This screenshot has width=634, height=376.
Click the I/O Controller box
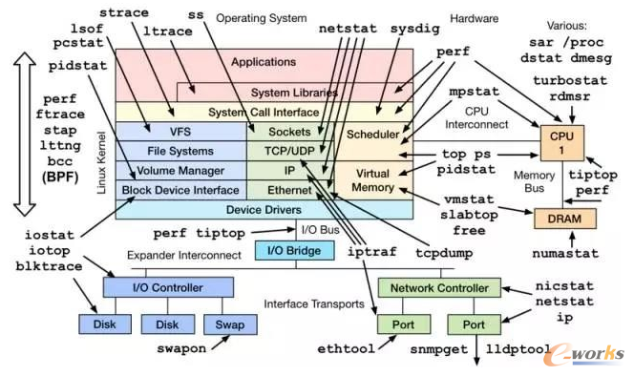point(168,286)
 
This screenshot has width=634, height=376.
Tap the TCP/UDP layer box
point(289,151)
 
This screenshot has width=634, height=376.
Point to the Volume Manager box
point(180,171)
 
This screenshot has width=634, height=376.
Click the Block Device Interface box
point(180,190)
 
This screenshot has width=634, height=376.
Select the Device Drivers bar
point(264,210)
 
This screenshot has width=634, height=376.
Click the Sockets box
point(289,132)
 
